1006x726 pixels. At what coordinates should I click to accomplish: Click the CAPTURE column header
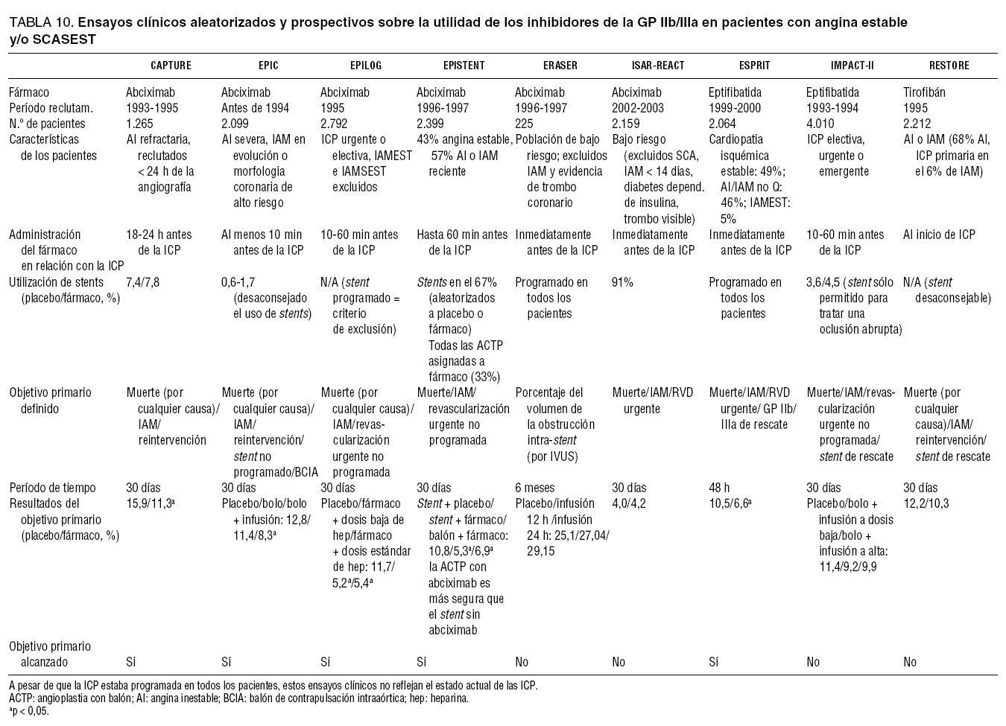coord(171,66)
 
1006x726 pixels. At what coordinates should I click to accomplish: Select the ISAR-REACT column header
coord(657,66)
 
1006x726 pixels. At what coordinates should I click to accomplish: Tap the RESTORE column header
coord(949,66)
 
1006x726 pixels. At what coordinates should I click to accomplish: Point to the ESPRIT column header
coord(754,66)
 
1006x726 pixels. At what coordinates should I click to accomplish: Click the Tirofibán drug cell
coord(923,93)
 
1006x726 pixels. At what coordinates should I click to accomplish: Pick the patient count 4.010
coord(821,124)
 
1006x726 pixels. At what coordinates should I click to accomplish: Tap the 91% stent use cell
coord(622,282)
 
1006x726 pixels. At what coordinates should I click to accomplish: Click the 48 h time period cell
coord(720,488)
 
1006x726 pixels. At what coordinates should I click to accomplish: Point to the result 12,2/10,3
coord(926,503)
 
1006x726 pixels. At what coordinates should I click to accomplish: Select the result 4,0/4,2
coord(629,503)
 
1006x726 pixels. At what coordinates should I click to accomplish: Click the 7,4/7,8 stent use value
coord(142,282)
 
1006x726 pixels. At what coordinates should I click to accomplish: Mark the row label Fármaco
coord(29,93)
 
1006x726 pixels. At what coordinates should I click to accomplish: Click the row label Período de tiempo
coord(52,488)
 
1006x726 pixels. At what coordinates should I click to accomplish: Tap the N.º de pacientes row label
coord(47,124)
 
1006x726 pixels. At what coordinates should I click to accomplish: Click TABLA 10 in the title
coord(39,22)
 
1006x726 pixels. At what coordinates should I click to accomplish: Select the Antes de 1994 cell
coord(255,108)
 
